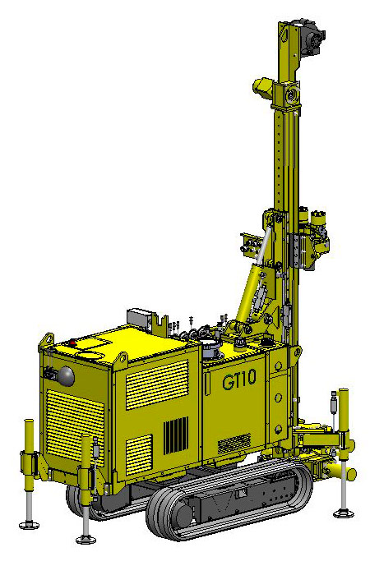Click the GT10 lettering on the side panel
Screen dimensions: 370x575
point(239,379)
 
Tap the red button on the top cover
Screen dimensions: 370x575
point(72,343)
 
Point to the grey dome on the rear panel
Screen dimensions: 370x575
point(67,376)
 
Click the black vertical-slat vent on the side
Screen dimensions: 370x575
point(175,435)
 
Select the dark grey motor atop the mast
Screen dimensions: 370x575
point(312,37)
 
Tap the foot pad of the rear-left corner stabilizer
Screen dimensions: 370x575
point(29,525)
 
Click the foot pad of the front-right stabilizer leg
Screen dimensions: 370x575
point(344,513)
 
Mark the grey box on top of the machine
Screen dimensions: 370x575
point(139,318)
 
